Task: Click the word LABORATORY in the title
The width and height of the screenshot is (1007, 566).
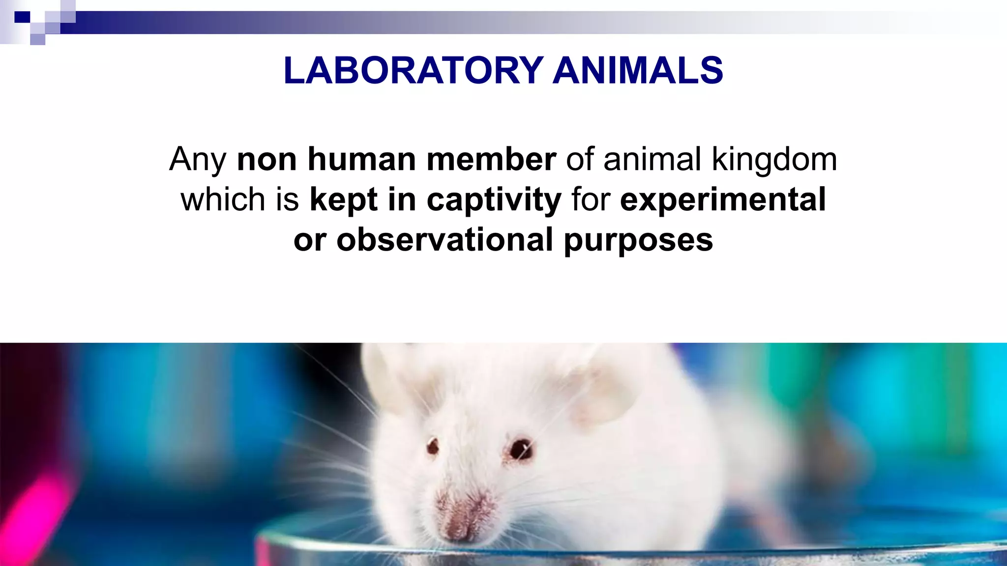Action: pyautogui.click(x=413, y=70)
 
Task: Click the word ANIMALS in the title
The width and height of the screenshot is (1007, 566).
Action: pyautogui.click(x=638, y=70)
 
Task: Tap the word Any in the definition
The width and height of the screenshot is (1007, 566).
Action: pyautogui.click(x=198, y=160)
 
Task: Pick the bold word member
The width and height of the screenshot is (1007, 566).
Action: pyautogui.click(x=491, y=160)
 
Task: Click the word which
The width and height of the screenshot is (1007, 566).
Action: pyautogui.click(x=223, y=199)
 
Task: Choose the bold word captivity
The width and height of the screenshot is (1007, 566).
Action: pyautogui.click(x=494, y=200)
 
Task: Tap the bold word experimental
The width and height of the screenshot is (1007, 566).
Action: pyautogui.click(x=723, y=200)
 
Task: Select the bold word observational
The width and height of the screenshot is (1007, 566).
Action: pyautogui.click(x=444, y=240)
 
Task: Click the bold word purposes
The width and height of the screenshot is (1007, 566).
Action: pyautogui.click(x=638, y=241)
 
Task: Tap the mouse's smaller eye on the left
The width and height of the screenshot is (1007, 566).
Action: pyautogui.click(x=433, y=446)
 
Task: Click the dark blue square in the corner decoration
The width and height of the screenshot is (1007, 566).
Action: pyautogui.click(x=22, y=17)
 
